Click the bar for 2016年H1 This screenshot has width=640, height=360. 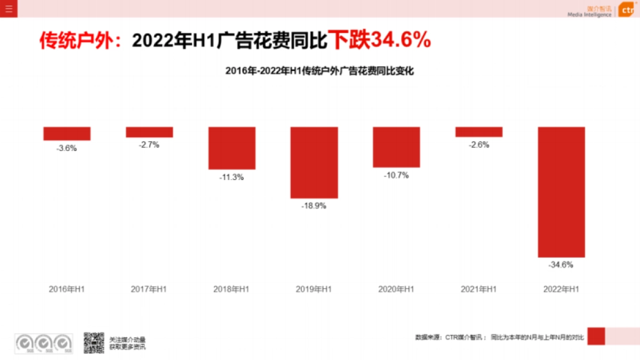67,133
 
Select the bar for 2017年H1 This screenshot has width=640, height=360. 149,132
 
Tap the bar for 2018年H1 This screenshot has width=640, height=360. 231,148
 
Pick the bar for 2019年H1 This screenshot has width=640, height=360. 314,162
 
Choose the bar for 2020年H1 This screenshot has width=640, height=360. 396,147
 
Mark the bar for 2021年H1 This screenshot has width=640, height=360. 479,132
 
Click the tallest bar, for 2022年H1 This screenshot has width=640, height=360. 561,192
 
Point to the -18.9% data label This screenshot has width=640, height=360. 314,206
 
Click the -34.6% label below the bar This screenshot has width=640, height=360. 561,265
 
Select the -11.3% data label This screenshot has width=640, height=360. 231,177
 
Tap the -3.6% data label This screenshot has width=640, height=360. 67,148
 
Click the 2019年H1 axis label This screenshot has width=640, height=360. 314,289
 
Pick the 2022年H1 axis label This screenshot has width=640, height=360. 561,289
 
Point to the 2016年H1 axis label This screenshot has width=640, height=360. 67,289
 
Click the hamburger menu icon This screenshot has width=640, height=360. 9,9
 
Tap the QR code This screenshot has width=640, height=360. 93,342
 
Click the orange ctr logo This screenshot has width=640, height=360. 628,11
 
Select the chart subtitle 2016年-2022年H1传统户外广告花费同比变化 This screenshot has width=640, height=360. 319,70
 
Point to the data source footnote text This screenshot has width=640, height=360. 500,337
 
